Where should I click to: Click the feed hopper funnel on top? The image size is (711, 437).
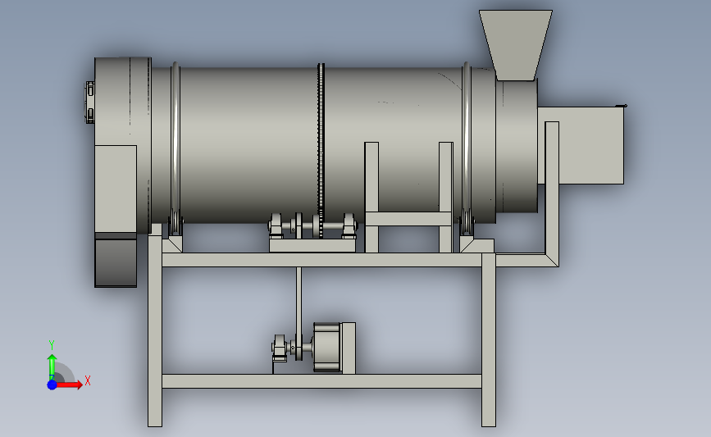point(516,44)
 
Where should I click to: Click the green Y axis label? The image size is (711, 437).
point(52,345)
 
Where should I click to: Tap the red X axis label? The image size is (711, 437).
point(88,380)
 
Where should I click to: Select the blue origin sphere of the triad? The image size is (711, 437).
point(52,385)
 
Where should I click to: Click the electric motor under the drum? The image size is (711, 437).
point(326,348)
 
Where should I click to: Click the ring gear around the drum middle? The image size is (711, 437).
point(321,149)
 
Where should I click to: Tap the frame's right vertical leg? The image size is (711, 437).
point(489,340)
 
